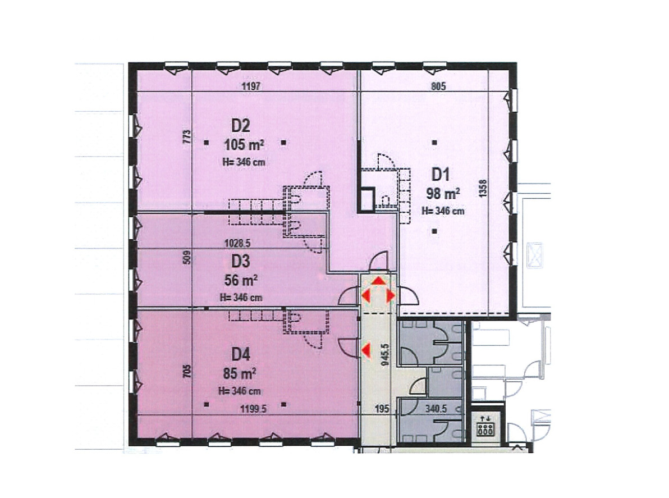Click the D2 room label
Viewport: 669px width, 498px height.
tap(240, 126)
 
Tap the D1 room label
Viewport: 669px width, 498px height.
tap(441, 175)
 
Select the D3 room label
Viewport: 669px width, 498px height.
tap(240, 261)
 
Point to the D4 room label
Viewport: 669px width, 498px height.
tap(240, 354)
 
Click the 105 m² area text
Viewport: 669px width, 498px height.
tap(244, 145)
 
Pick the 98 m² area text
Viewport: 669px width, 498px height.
tap(443, 194)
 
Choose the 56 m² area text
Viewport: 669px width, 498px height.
tap(241, 280)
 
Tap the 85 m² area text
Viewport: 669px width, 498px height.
tap(239, 374)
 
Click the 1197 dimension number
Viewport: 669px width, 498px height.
tap(251, 86)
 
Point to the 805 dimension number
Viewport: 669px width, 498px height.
tap(438, 86)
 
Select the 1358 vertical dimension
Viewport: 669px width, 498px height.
tap(483, 188)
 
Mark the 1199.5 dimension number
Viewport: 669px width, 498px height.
tap(254, 409)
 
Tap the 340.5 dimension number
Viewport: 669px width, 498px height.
tap(436, 409)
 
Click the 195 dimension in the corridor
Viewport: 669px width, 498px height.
tap(382, 409)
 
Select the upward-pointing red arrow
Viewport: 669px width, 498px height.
tap(378, 281)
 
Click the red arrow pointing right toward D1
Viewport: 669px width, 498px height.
tap(391, 296)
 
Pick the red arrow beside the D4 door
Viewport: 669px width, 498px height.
tap(365, 350)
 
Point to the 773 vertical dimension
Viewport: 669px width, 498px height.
tap(186, 137)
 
